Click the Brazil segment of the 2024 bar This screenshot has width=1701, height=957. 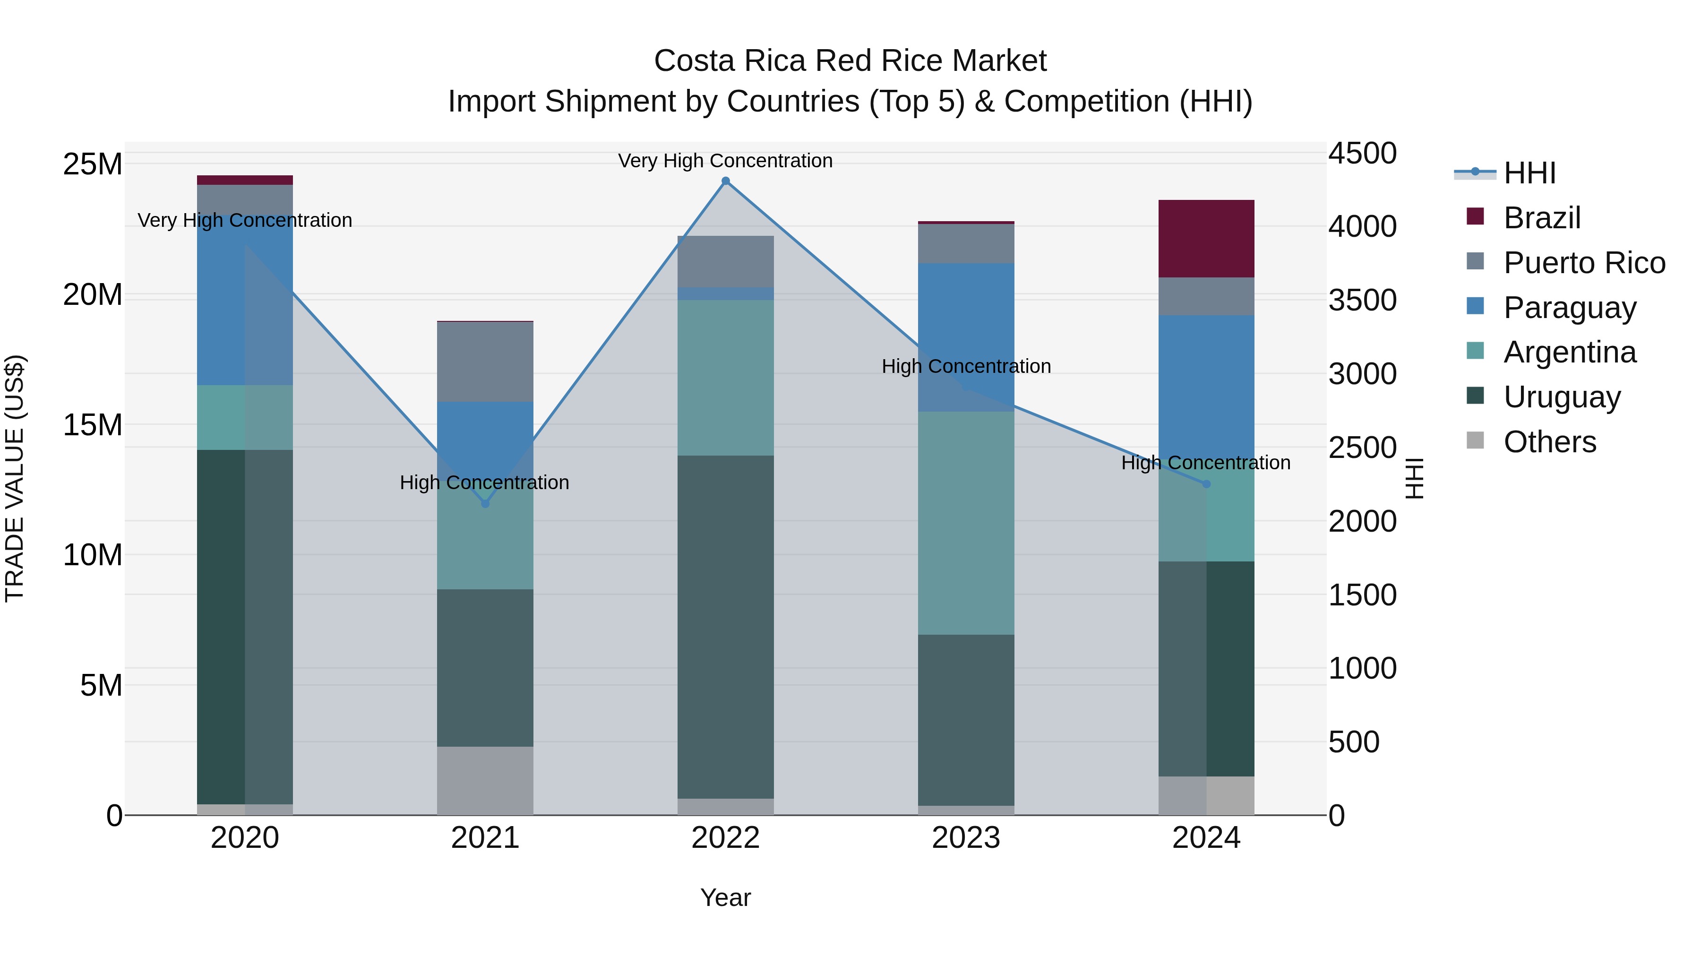point(1206,239)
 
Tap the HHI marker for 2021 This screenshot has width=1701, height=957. point(485,504)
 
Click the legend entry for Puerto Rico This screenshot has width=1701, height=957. point(1584,263)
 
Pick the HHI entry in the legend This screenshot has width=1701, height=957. point(1529,173)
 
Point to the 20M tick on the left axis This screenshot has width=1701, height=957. point(93,294)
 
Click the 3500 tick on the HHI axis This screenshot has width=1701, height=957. point(1362,301)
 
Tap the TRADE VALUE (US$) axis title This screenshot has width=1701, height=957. point(15,478)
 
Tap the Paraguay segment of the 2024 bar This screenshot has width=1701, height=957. point(1206,383)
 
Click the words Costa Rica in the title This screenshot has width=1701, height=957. point(730,61)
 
